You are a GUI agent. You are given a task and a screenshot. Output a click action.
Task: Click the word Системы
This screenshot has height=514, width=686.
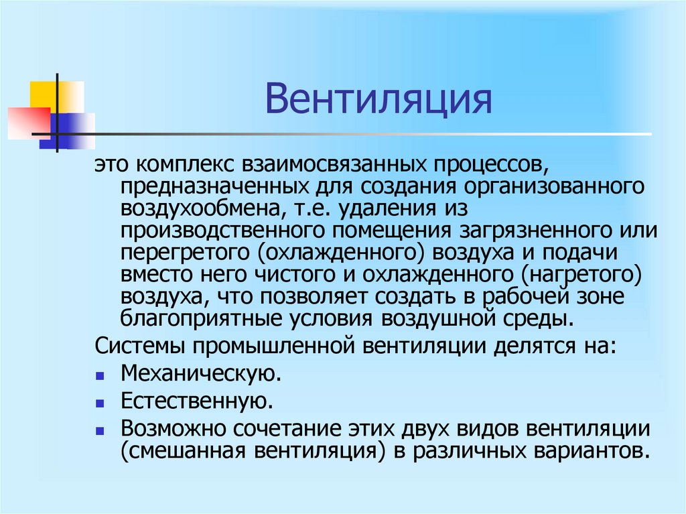138,346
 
